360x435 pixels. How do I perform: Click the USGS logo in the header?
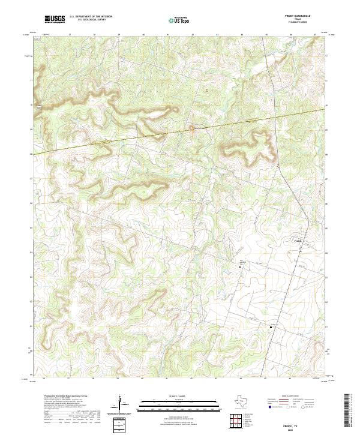point(55,20)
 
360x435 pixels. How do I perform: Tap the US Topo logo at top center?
point(180,20)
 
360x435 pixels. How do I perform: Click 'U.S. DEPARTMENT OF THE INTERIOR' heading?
point(91,17)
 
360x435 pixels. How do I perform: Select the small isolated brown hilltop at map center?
point(192,127)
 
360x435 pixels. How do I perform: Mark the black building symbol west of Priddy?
point(243,266)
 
